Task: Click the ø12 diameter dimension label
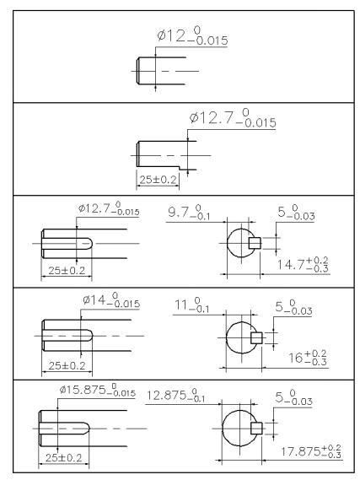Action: point(192,36)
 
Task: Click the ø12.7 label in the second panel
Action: point(233,118)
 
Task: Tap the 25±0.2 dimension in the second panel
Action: point(159,180)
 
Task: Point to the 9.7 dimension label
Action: point(189,212)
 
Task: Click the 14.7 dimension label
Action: point(303,264)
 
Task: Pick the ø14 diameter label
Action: point(111,299)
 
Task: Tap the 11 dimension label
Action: point(191,305)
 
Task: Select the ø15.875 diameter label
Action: point(98,391)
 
